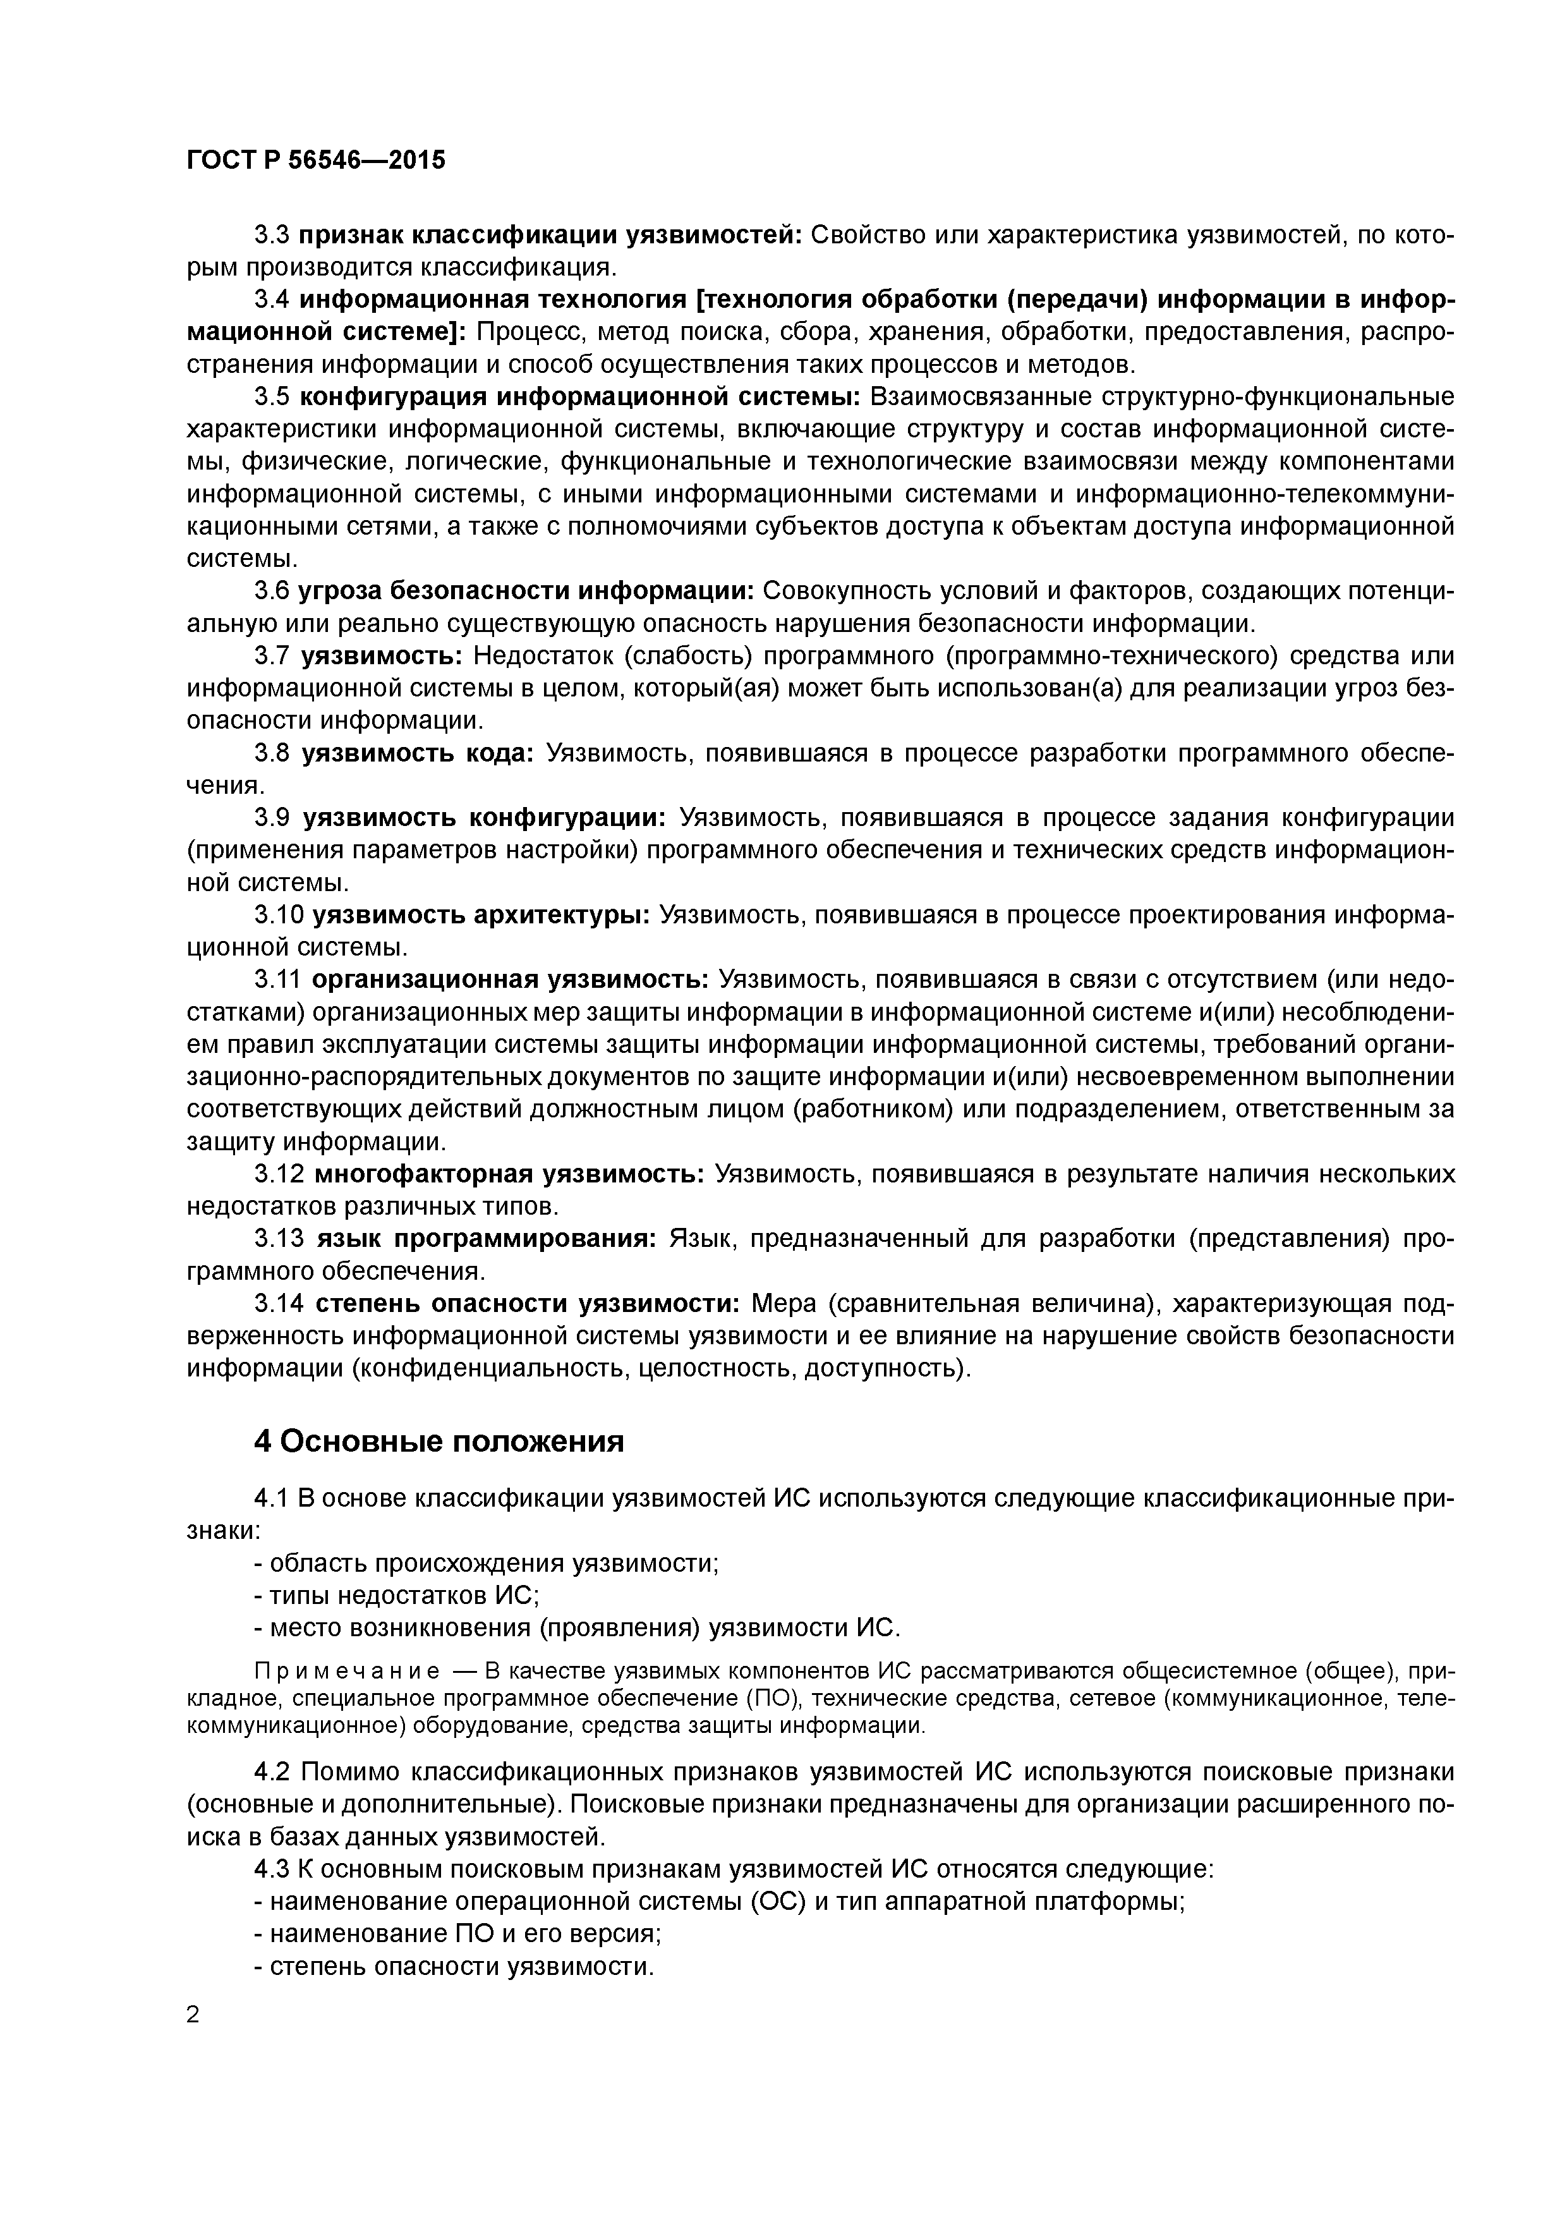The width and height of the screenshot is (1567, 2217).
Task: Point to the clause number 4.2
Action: pos(273,1773)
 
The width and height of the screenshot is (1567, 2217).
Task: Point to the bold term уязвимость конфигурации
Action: pos(485,818)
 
